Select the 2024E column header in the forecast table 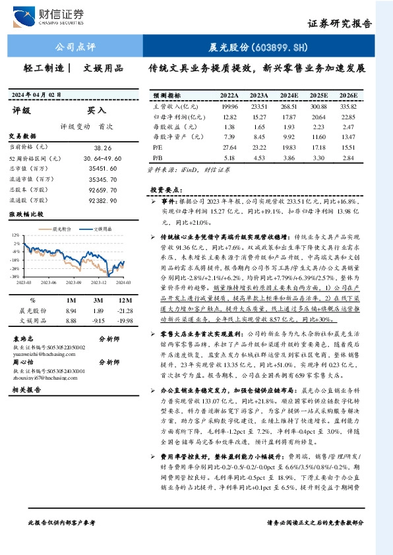[289, 95]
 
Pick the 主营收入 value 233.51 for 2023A [259, 105]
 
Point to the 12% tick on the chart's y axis [15, 235]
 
